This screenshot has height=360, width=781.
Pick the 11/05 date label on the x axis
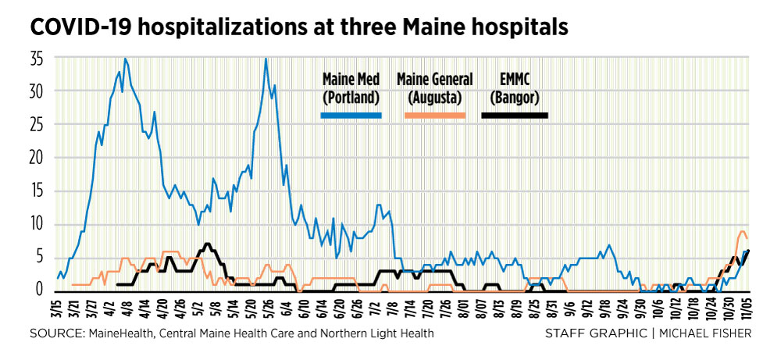pyautogui.click(x=747, y=309)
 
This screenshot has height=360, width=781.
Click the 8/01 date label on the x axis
pyautogui.click(x=465, y=309)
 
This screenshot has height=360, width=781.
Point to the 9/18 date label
pyautogui.click(x=606, y=309)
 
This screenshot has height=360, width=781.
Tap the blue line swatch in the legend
pyautogui.click(x=351, y=115)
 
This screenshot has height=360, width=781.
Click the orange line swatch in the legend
pyautogui.click(x=433, y=115)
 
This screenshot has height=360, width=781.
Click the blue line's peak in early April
pyautogui.click(x=125, y=59)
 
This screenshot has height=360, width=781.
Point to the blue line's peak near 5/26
pyautogui.click(x=266, y=59)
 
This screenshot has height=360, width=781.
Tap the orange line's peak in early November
pyautogui.click(x=742, y=231)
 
